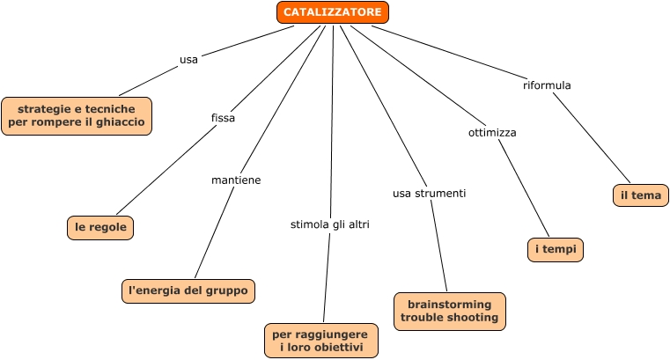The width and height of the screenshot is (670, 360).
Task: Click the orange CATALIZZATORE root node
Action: [333, 12]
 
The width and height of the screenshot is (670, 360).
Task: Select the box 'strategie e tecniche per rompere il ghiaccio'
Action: [77, 115]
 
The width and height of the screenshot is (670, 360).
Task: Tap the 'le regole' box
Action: [101, 227]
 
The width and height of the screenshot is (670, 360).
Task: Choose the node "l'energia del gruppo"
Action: [188, 290]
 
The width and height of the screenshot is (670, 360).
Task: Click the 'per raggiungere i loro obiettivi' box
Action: [321, 341]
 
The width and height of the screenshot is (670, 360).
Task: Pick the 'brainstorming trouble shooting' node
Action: [449, 311]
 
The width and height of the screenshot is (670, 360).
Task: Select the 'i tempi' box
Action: [556, 250]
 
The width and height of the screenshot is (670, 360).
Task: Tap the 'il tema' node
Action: [640, 195]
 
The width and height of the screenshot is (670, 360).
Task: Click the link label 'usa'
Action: [188, 60]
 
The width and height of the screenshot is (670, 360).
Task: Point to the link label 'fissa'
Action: [224, 117]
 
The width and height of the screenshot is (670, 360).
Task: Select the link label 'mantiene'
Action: [236, 180]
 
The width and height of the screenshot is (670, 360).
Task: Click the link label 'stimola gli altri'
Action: [330, 224]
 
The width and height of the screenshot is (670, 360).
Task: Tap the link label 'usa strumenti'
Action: [429, 192]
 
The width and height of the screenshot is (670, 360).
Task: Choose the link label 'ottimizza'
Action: [491, 132]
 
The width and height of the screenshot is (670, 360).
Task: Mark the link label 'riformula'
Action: [547, 85]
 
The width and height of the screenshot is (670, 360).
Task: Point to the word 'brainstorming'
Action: [449, 304]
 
